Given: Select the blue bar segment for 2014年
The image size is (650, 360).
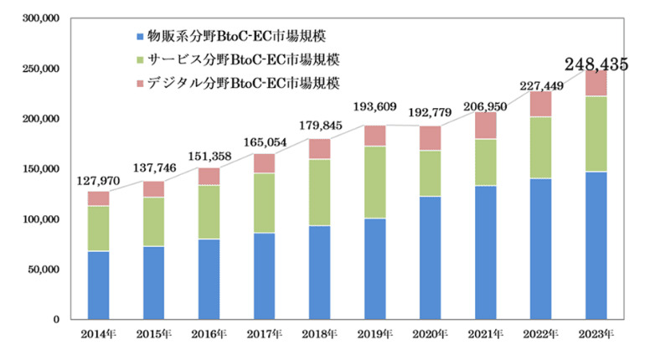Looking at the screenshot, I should click(98, 285).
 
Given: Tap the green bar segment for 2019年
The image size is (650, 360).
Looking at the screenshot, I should click(374, 183).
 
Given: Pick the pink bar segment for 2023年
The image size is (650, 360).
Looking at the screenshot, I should click(596, 83).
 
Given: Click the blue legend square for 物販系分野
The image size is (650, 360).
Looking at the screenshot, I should click(138, 37).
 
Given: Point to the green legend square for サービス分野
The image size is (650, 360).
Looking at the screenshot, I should click(138, 60).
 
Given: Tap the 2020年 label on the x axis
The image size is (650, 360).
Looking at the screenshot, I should click(430, 335).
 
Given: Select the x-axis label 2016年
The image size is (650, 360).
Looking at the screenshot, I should click(209, 335).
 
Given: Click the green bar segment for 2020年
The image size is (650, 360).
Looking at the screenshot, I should click(430, 173).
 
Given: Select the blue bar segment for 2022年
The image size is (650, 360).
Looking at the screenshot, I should click(540, 249).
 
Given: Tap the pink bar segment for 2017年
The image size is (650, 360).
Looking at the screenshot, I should click(264, 163).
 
